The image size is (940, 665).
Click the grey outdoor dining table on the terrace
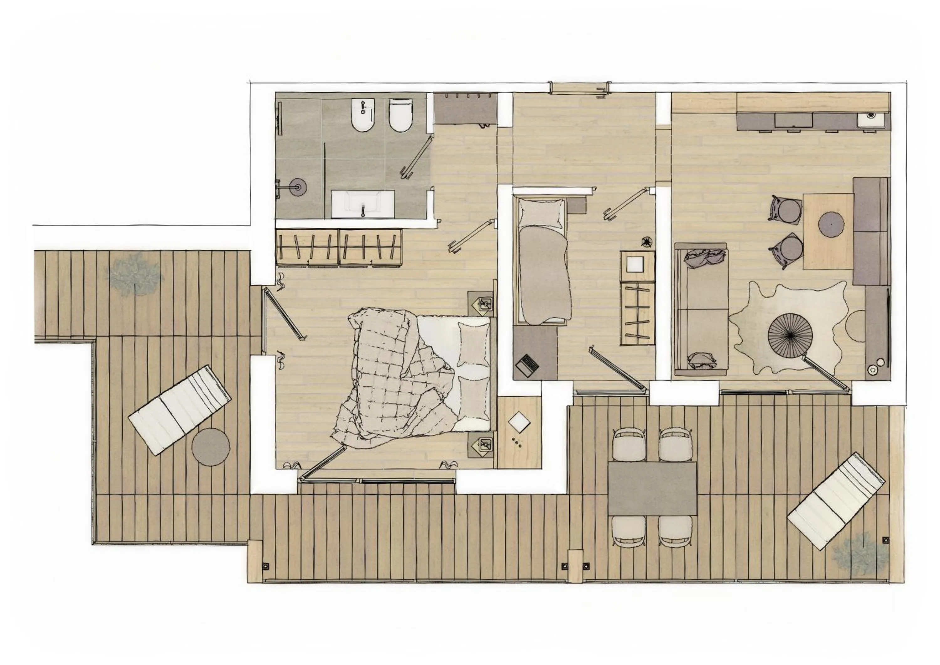(652, 488)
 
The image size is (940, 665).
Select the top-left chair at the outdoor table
(629, 445)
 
